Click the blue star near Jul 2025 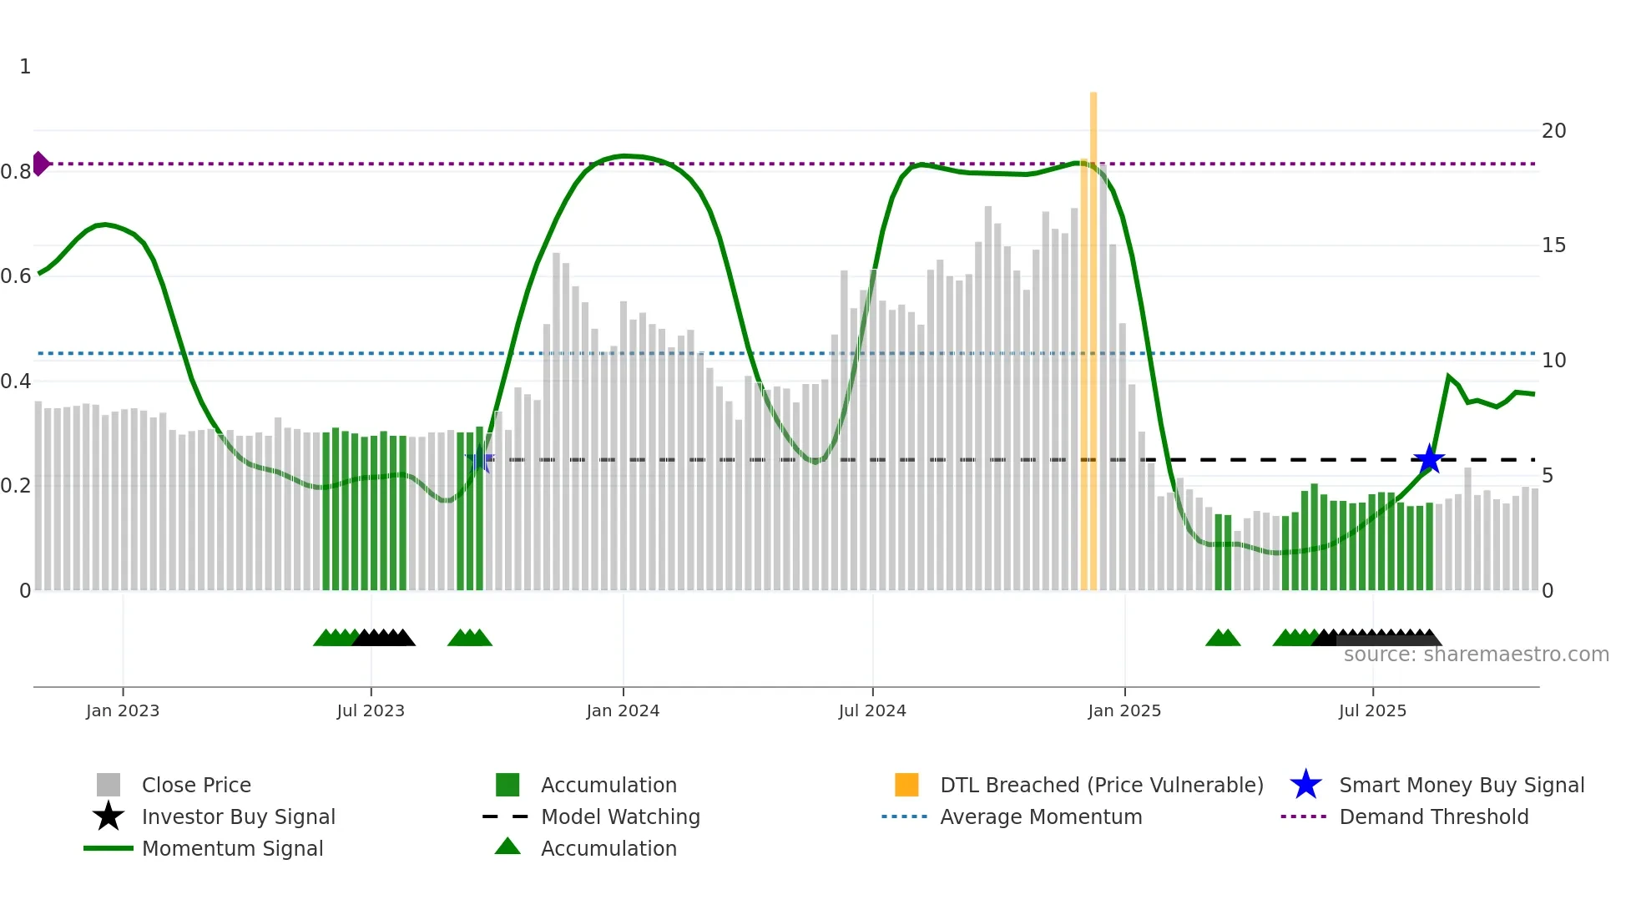pos(1429,459)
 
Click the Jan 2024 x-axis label pos(623,710)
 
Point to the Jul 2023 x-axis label pos(371,710)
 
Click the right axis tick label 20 pos(1553,131)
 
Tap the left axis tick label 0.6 pos(16,276)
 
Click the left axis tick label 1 pos(25,67)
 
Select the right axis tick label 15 pos(1553,245)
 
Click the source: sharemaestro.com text pos(1476,655)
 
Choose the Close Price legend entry pos(196,785)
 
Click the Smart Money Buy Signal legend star pos(1305,785)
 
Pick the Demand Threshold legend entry pos(1433,816)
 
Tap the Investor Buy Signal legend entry pos(238,816)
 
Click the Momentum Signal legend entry pos(232,848)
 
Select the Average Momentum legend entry pos(1040,816)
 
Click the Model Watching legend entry pos(620,816)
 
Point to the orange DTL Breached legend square pos(906,785)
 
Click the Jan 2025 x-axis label pos(1124,710)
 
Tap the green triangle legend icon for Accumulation pos(507,847)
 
